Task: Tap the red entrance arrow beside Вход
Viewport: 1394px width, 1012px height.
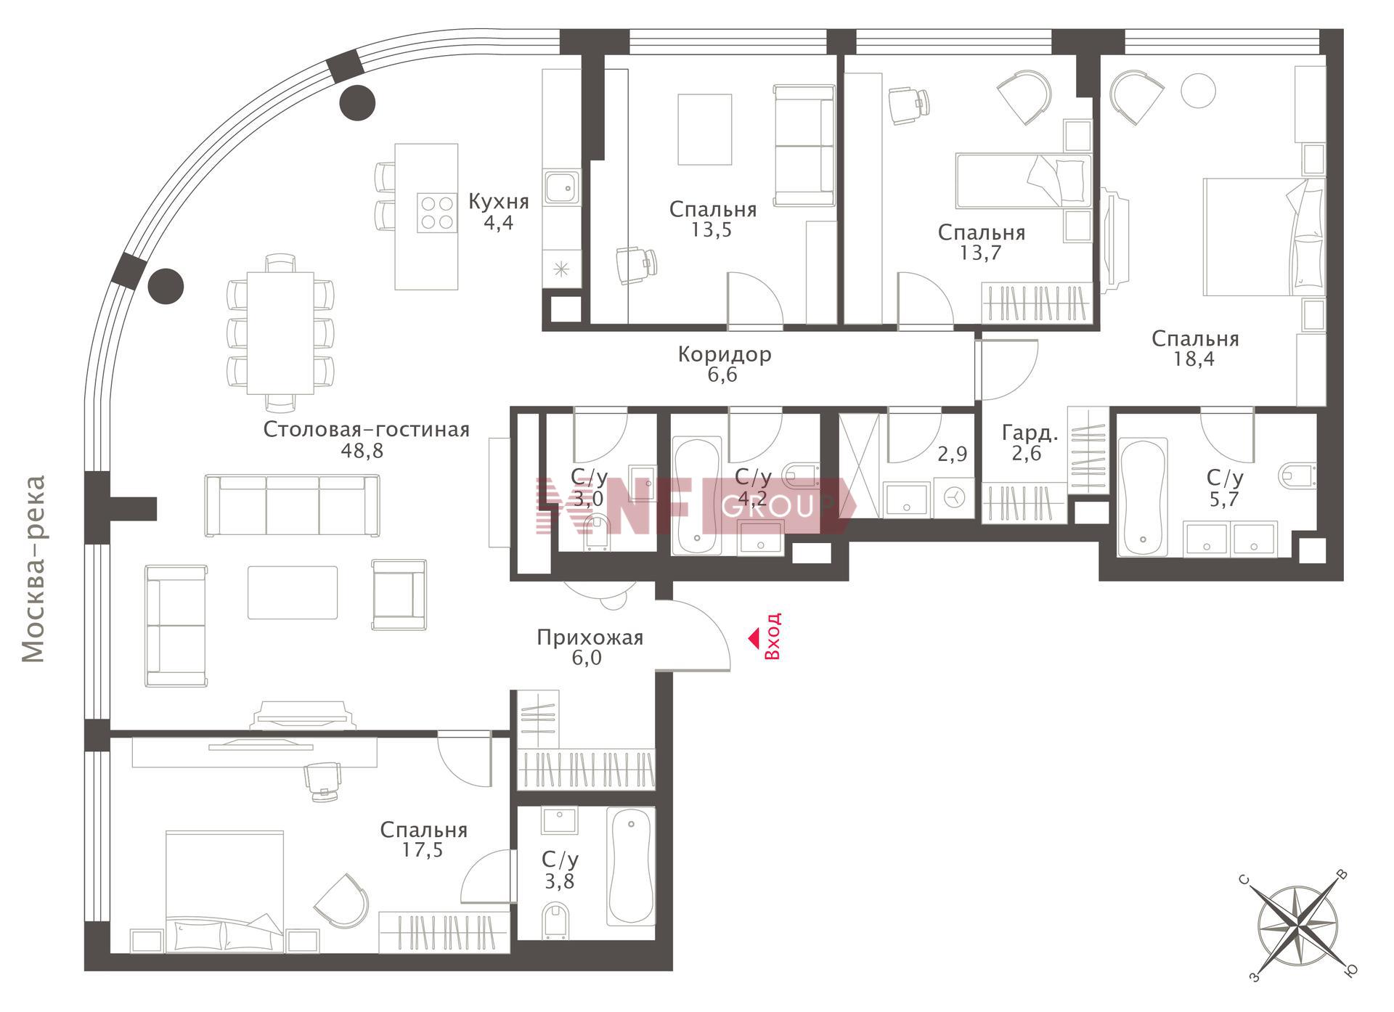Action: (754, 639)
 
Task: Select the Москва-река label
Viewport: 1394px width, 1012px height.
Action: (33, 569)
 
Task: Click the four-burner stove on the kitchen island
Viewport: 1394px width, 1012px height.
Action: (436, 213)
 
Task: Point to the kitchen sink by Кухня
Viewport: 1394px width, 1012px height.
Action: (561, 188)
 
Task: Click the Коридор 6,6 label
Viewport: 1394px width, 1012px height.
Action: (724, 364)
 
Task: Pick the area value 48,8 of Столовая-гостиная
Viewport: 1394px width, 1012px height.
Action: (362, 451)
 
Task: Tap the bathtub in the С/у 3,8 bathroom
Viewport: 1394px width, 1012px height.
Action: (631, 866)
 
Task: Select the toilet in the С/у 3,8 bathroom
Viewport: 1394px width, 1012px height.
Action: (557, 920)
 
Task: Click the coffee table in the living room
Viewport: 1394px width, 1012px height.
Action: (293, 592)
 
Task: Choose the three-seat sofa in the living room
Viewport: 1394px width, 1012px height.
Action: (292, 506)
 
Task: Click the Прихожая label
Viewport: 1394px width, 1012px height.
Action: (590, 638)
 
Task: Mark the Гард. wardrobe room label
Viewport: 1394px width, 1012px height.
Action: (1030, 433)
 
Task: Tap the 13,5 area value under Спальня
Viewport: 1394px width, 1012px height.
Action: (712, 230)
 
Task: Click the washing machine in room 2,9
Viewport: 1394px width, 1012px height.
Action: (954, 497)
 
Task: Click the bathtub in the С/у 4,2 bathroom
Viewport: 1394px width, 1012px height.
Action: (696, 496)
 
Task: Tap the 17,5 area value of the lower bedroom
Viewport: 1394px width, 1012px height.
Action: (423, 850)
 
